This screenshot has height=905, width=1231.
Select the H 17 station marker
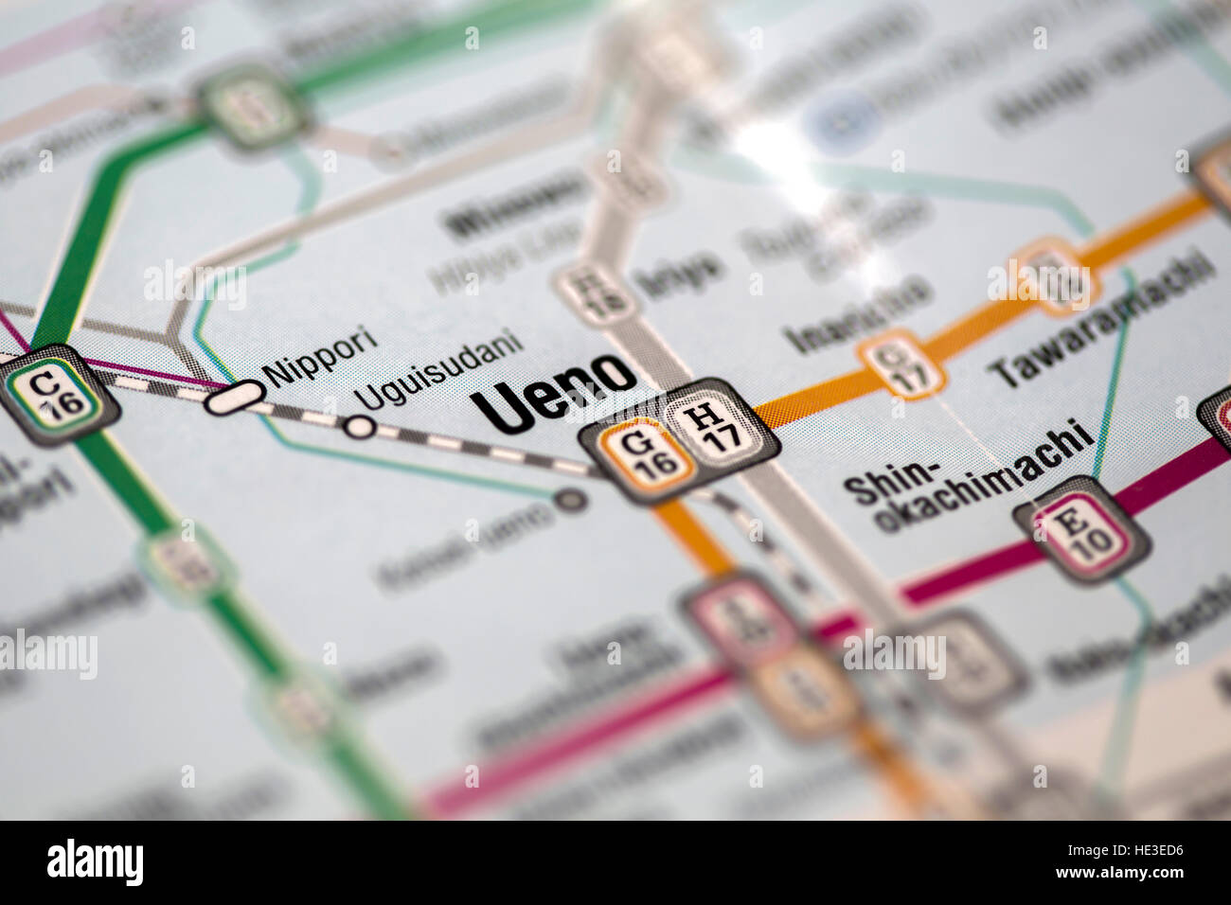[713, 427]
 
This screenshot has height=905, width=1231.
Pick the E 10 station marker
[1082, 529]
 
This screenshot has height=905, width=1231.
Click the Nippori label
[321, 355]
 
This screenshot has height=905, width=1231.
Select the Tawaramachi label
[1100, 322]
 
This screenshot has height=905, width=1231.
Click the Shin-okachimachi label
[966, 478]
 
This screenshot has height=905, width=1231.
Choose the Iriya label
[677, 275]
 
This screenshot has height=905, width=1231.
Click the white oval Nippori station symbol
[233, 399]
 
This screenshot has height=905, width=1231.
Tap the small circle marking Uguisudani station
[360, 427]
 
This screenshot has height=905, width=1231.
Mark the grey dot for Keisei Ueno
[571, 499]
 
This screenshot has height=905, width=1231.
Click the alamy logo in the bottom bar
[95, 862]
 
